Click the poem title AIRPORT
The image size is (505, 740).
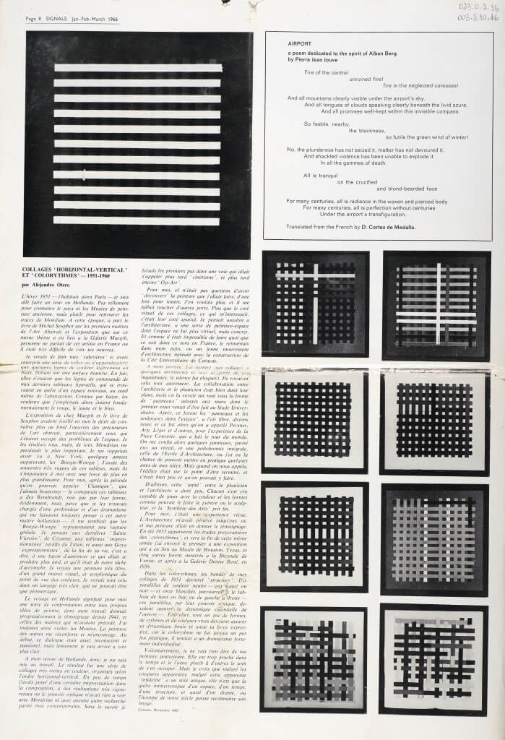[x=299, y=44]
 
